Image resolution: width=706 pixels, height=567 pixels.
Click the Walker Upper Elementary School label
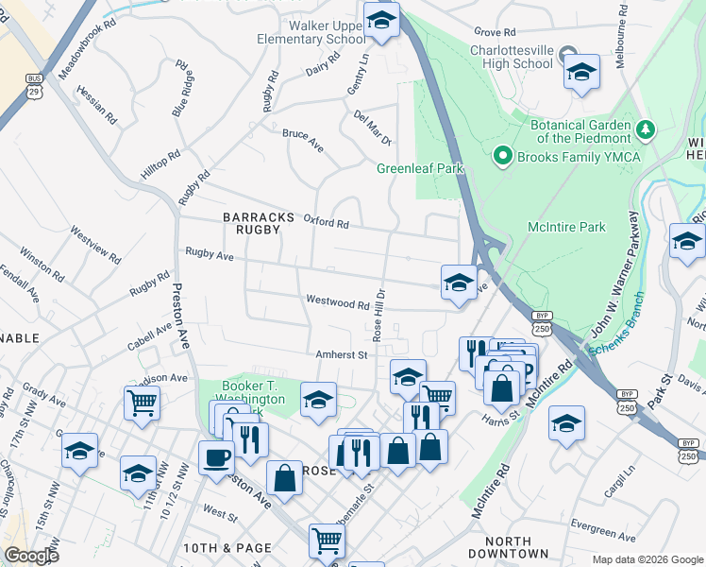[x=312, y=32]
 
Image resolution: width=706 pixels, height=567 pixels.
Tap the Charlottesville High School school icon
[x=581, y=72]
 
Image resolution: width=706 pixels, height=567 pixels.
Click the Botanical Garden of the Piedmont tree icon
[x=646, y=127]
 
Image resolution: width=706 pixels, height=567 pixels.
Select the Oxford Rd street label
[x=327, y=223]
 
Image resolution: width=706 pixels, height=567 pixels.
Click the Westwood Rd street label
[x=337, y=303]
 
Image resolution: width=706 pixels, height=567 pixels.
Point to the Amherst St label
[x=341, y=354]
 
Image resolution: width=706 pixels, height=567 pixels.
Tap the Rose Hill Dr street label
[x=378, y=315]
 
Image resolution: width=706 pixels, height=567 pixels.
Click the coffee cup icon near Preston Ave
[x=216, y=456]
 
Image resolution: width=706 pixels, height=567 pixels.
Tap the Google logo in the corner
[x=31, y=556]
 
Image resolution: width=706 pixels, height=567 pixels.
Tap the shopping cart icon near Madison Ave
[x=141, y=404]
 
